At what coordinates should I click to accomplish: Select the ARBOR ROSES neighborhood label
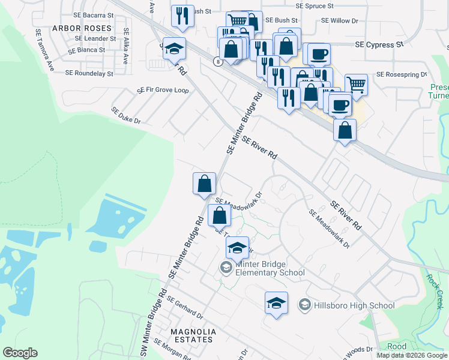(82, 28)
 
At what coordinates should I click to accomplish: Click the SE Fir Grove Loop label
(163, 90)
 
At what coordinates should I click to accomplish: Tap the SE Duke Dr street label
(125, 116)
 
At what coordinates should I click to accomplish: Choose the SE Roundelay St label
(89, 73)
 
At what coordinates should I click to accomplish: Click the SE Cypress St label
(379, 45)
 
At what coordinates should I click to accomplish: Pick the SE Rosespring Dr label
(401, 75)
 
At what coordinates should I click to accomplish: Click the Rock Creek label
(435, 292)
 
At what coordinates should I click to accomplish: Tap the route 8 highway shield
(217, 61)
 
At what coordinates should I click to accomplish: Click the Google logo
(20, 353)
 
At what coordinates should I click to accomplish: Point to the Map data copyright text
(411, 355)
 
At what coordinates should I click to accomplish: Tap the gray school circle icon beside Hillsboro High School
(304, 305)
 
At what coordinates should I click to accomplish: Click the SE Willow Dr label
(339, 20)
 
